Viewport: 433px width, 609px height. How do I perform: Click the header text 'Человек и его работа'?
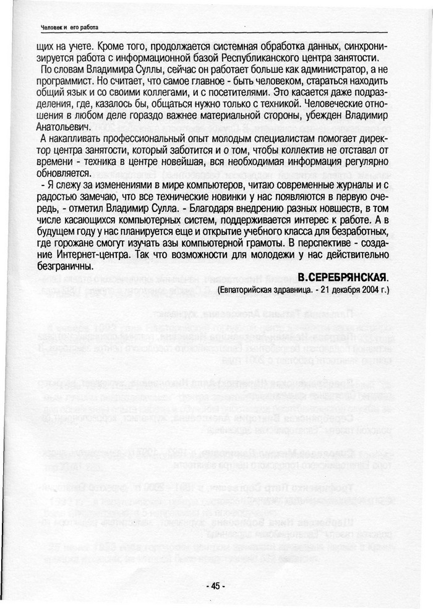coord(69,27)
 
